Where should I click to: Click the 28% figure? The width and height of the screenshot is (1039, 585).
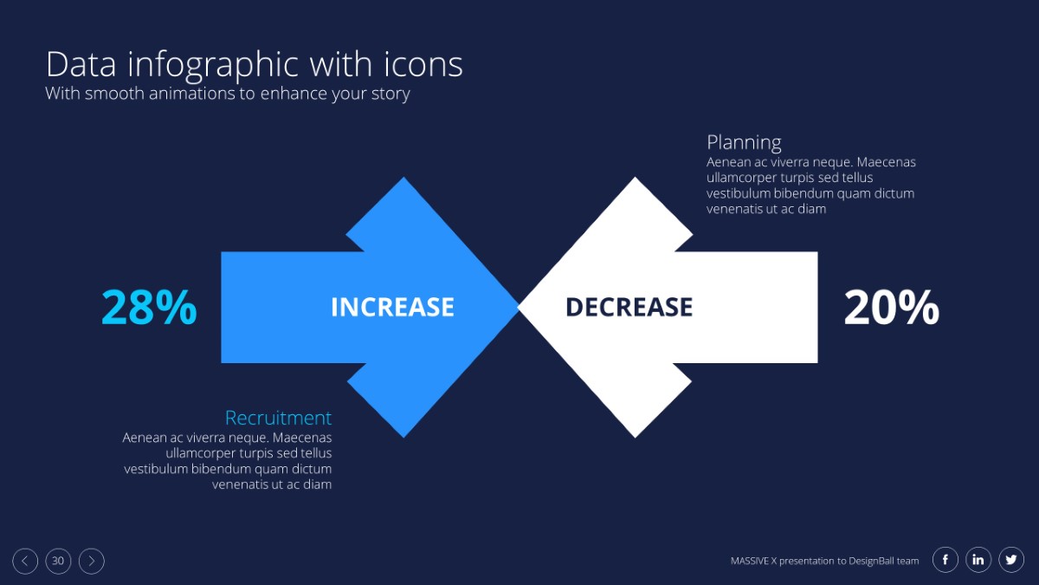click(149, 307)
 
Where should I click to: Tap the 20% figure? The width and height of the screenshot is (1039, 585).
click(892, 307)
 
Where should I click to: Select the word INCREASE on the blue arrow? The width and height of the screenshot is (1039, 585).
click(392, 307)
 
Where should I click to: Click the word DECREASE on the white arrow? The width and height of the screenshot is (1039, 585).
click(629, 307)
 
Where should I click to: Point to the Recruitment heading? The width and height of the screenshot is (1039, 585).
click(278, 418)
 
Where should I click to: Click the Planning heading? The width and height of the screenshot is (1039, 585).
click(744, 142)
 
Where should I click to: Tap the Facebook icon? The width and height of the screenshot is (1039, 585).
click(945, 560)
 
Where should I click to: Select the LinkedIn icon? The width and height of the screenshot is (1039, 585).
click(978, 560)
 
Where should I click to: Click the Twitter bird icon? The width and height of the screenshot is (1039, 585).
click(1011, 560)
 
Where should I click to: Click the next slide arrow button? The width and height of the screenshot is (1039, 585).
click(92, 561)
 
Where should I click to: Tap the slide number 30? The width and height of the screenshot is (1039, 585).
click(58, 561)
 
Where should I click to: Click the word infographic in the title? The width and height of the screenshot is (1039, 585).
click(213, 66)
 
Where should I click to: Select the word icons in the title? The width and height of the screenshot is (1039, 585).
click(423, 64)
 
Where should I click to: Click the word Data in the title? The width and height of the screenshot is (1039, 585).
click(81, 64)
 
